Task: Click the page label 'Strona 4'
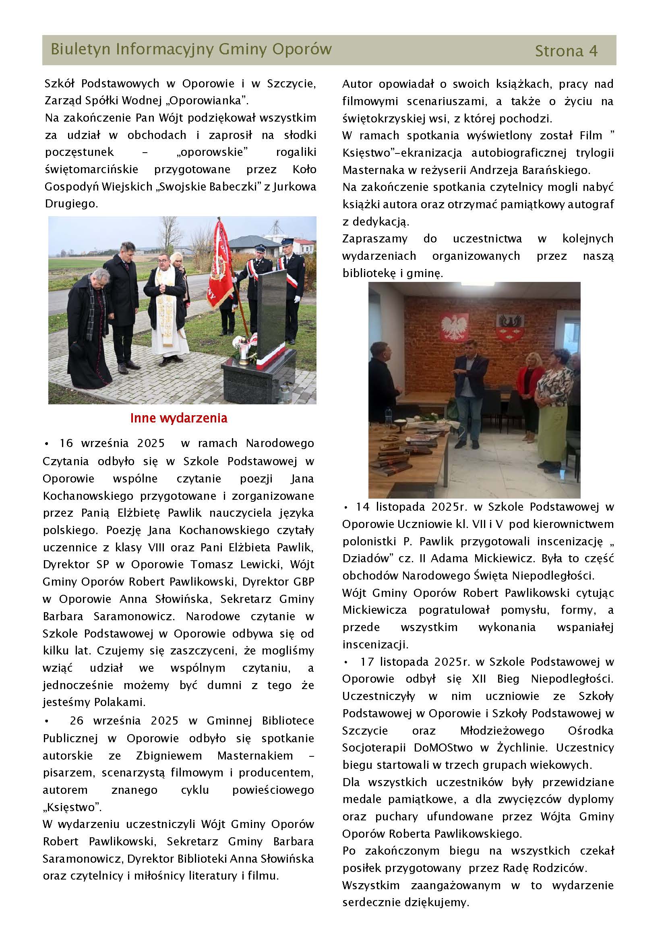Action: pos(566,51)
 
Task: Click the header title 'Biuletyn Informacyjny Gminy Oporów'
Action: pos(191,49)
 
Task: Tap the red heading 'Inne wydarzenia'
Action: pos(178,418)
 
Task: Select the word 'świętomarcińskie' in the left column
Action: pos(91,170)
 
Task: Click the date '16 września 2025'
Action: pos(112,443)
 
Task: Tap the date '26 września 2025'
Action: pos(124,721)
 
